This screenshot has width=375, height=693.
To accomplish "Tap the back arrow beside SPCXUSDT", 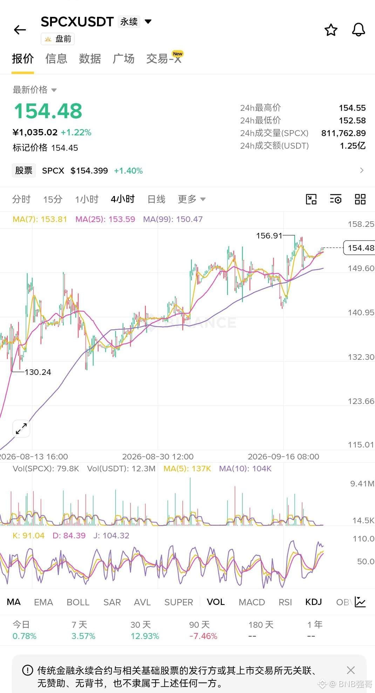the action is point(20,30).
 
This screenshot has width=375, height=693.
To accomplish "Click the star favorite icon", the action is point(331,30).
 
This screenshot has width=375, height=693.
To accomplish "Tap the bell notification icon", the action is point(358,30).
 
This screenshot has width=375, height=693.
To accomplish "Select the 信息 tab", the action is point(56,59).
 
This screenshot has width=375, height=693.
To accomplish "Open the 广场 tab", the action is point(123,59).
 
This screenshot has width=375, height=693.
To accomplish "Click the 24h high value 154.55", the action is point(352,108).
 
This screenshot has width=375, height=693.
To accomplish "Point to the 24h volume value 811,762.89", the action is point(343,133).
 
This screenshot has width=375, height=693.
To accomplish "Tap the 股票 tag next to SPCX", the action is point(24,170).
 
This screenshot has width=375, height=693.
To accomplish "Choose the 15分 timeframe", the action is point(53,199).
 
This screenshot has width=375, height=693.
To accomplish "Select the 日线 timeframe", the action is point(156,199).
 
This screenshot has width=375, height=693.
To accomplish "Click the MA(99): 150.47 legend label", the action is point(173,219).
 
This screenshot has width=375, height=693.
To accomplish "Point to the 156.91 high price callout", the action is point(269,235).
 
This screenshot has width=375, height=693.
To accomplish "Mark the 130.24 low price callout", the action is point(38,372).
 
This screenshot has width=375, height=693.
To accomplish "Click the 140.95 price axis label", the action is point(361,312).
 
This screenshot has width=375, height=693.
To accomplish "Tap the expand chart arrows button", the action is point(21,429).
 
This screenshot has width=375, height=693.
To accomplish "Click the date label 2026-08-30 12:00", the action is point(158,457).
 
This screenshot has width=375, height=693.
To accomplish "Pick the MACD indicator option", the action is point(252,602).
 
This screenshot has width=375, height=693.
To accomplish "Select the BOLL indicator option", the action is point(78,602).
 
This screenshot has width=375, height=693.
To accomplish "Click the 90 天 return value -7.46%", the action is point(203,636).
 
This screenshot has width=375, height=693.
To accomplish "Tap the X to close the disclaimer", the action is point(350,670).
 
